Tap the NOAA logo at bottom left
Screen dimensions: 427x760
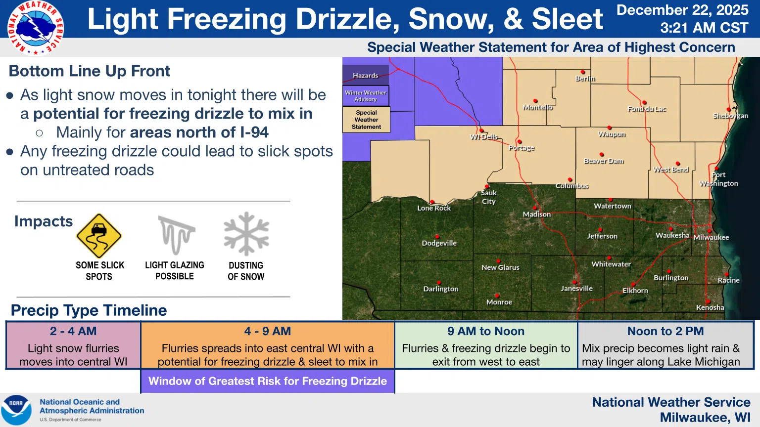pos(16,410)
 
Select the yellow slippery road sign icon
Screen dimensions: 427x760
pos(99,236)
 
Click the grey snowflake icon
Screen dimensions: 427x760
pos(246,234)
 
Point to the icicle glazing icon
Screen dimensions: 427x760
pos(176,235)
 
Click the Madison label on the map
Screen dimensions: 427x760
pos(536,214)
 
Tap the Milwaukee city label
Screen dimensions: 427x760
pos(711,237)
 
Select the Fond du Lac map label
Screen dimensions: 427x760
pos(647,109)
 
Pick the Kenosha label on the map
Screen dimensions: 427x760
pos(710,307)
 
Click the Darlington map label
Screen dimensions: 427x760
pos(440,289)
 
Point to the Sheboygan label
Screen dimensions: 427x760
pos(730,116)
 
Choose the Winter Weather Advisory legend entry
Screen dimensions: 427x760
pos(366,96)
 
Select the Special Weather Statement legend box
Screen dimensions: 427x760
pos(366,120)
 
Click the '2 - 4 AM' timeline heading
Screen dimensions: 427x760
pos(73,331)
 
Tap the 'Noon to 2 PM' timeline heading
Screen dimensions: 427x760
pos(665,331)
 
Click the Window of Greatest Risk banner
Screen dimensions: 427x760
pos(268,381)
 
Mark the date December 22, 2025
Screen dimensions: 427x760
pos(682,10)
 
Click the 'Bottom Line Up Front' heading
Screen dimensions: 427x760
pos(90,71)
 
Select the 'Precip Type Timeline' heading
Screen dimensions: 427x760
pos(89,310)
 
